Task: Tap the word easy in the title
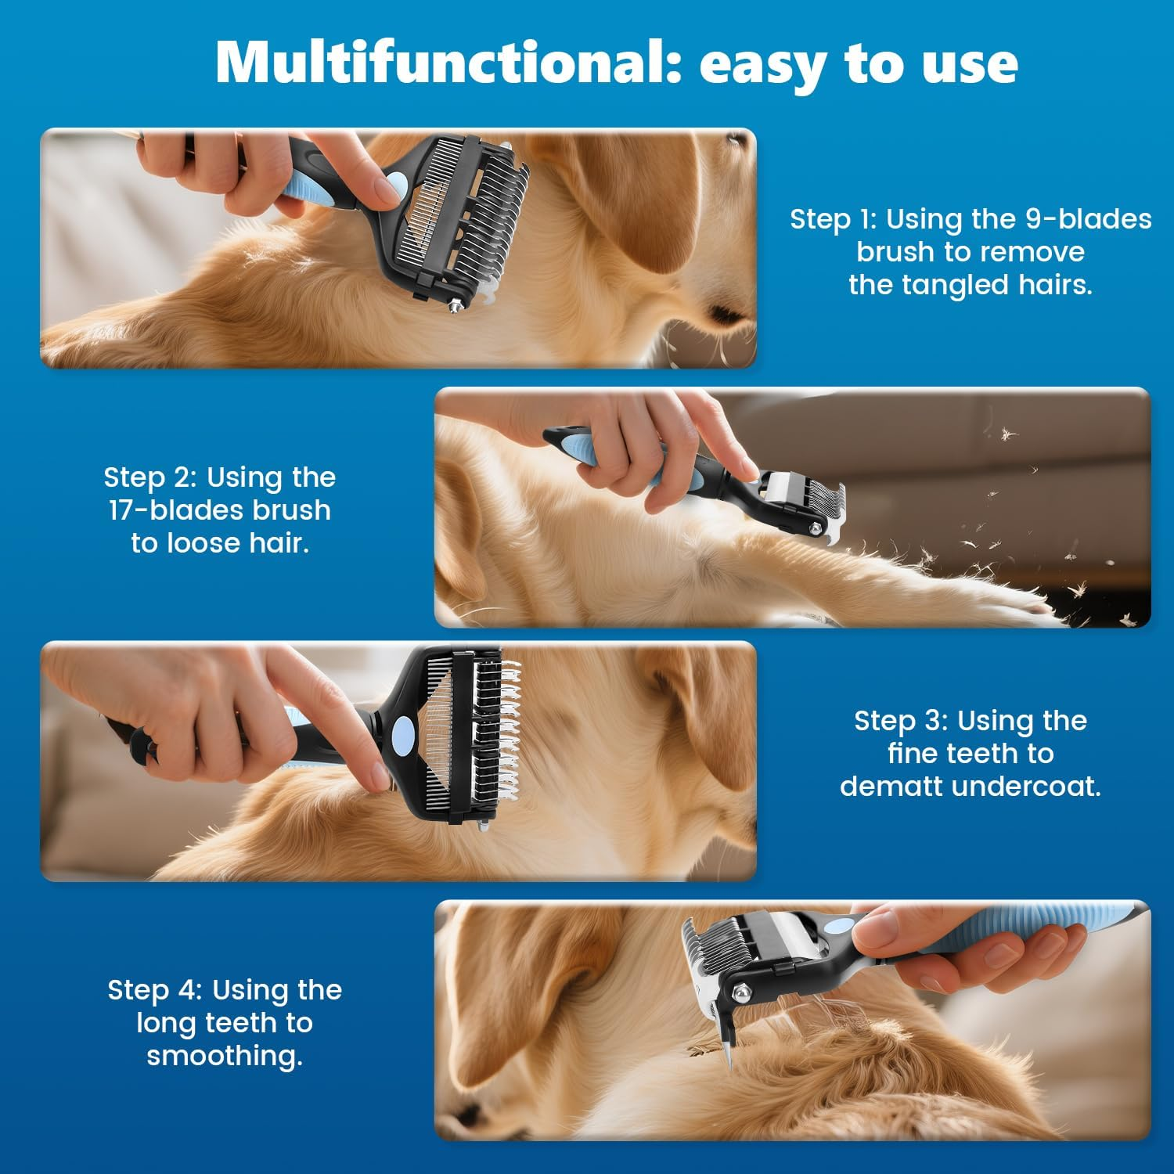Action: coord(764,67)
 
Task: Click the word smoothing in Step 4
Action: coord(224,1057)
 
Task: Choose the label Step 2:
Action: coord(150,478)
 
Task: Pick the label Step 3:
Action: coord(901,722)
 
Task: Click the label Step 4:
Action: coord(155,991)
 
